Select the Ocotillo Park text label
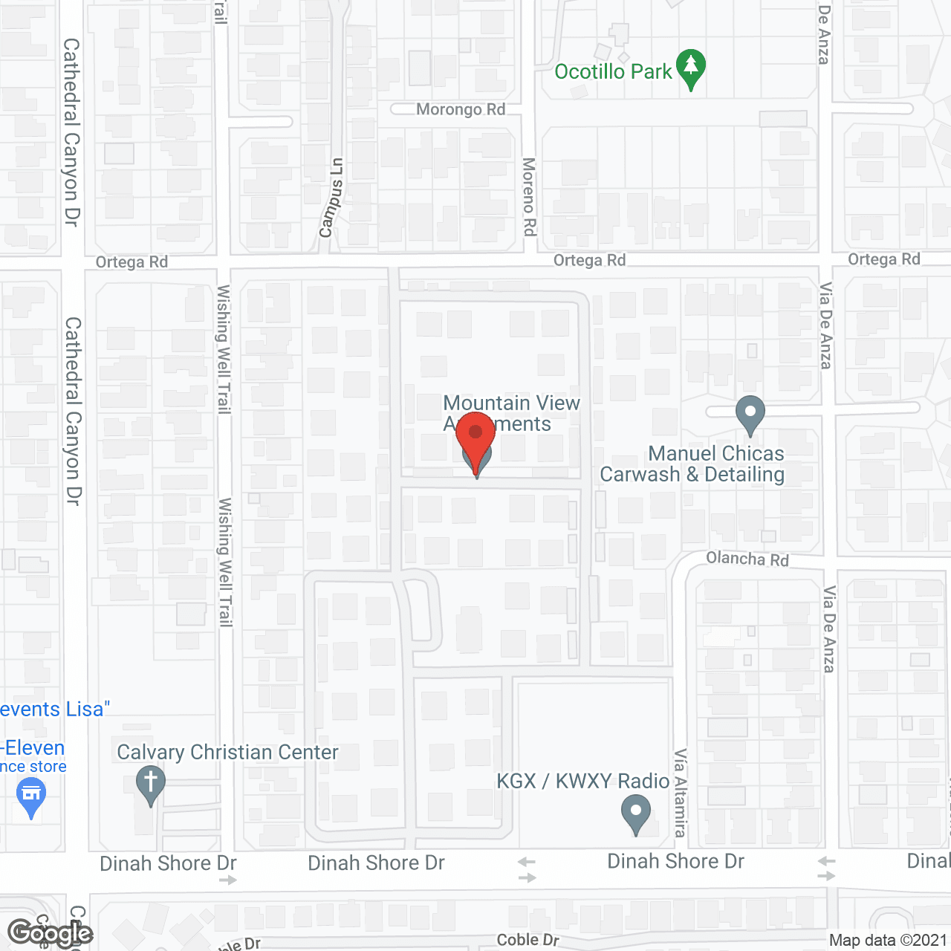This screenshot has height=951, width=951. tap(613, 72)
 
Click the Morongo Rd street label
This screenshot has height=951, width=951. tap(461, 110)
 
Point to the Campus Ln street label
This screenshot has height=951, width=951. tap(331, 198)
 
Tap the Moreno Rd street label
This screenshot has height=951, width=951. tap(529, 197)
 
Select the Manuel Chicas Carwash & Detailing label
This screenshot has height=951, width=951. tap(692, 464)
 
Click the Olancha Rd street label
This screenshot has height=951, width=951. tap(747, 559)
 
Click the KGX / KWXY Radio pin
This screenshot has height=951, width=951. tap(635, 813)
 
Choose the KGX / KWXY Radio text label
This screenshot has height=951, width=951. tap(583, 781)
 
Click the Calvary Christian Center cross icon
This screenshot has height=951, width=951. tap(150, 785)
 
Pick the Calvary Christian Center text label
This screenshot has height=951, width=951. tap(227, 753)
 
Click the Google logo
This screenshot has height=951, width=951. tap(50, 933)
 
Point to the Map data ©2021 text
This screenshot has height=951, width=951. tap(889, 940)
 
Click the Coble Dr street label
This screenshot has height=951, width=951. tap(528, 940)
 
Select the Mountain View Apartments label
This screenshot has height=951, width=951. tap(511, 413)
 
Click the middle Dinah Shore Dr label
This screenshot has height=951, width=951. tap(376, 863)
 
